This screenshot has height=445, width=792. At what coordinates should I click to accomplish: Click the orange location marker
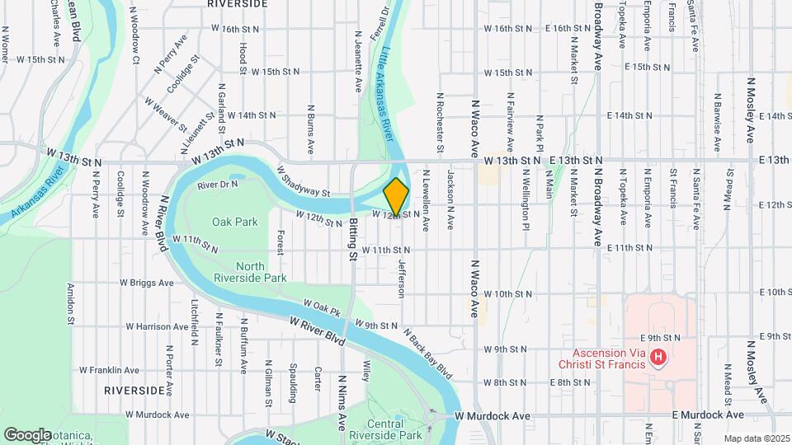pyautogui.click(x=397, y=196)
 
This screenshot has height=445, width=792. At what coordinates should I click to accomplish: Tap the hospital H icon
pyautogui.click(x=658, y=357)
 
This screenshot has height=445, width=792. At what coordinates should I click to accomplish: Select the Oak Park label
pyautogui.click(x=235, y=222)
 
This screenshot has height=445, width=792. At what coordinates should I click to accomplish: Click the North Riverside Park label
pyautogui.click(x=262, y=272)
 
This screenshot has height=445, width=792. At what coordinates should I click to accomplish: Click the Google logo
pyautogui.click(x=27, y=433)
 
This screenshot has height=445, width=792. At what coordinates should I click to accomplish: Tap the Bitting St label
pyautogui.click(x=353, y=240)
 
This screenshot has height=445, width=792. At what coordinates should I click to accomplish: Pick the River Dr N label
pyautogui.click(x=218, y=184)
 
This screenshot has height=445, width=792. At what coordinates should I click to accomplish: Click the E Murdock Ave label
pyautogui.click(x=708, y=416)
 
